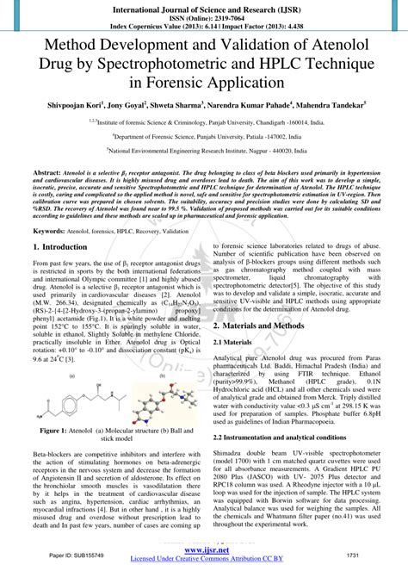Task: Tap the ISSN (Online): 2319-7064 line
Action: pos(204,14)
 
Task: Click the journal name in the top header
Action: pos(204,5)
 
